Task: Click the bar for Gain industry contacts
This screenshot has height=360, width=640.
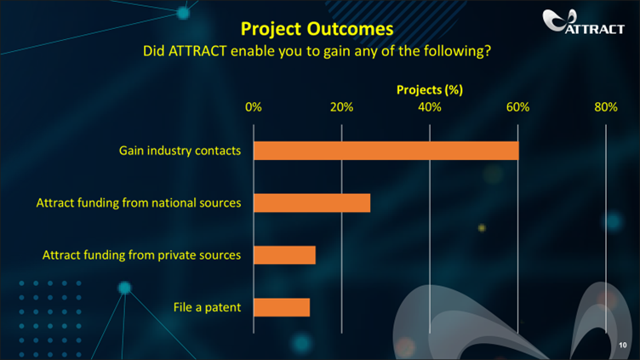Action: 386,151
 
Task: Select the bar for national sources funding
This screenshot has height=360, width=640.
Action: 311,203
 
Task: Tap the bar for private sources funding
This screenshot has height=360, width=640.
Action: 284,255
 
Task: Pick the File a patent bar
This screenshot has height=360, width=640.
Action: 282,307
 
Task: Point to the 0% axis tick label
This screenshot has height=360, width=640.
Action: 254,107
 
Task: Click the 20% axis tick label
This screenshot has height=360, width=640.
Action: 341,107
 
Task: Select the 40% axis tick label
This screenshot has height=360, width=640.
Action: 430,107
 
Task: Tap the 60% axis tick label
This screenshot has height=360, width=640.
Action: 518,107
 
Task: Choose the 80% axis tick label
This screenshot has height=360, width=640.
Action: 606,107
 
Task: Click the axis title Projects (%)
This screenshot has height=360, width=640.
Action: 430,90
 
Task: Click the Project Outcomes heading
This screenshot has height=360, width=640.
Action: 317,29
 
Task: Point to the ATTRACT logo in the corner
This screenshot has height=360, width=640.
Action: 584,21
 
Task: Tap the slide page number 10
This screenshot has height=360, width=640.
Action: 622,345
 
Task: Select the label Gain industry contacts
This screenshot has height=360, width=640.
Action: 180,151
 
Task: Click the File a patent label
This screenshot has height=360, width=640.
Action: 208,307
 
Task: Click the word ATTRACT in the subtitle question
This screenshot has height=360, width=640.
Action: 197,51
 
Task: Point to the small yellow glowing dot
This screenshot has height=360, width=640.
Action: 482,228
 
